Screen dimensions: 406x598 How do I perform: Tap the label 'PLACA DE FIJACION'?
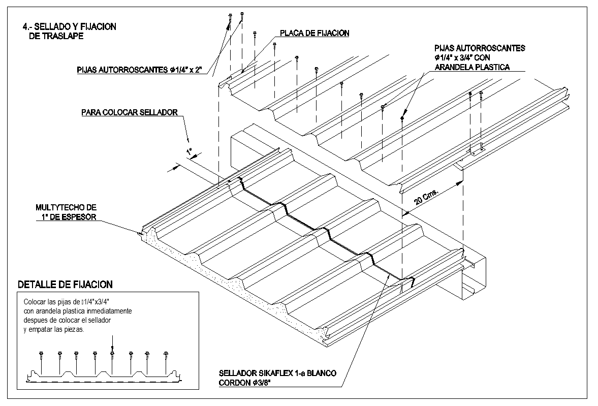tap(314, 34)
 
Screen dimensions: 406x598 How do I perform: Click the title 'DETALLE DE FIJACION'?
tap(65, 285)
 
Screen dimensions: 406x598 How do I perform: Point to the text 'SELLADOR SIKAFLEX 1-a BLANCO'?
tap(277, 373)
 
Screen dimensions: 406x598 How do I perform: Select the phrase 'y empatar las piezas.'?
tap(54, 329)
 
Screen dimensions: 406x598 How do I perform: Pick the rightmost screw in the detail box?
tap(166, 354)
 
